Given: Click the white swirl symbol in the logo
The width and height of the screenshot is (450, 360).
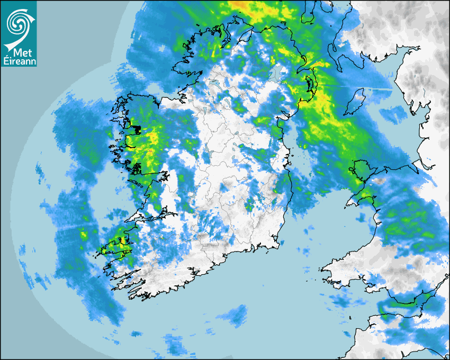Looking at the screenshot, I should point(18,23).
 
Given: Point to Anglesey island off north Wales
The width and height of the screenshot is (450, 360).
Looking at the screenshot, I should point(359,173).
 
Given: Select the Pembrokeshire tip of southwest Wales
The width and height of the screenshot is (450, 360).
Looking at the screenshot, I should point(328,270).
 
